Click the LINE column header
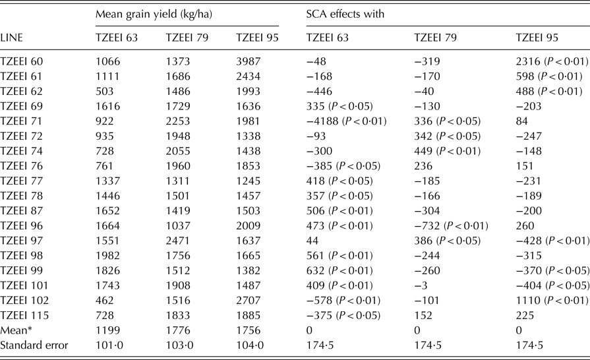click(x=12, y=38)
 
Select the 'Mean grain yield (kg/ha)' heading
click(x=154, y=15)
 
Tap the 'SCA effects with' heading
click(x=345, y=15)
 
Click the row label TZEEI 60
click(x=22, y=61)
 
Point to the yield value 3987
click(x=248, y=61)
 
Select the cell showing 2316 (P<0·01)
click(x=552, y=61)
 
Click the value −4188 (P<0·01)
click(x=346, y=121)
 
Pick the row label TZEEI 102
click(x=24, y=301)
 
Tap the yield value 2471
click(x=178, y=241)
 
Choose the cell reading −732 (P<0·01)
click(x=451, y=225)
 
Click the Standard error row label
click(x=34, y=345)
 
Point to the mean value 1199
click(x=108, y=330)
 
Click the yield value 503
click(x=105, y=92)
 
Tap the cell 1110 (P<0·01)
click(x=552, y=301)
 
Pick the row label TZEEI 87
click(x=22, y=210)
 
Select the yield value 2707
click(x=248, y=301)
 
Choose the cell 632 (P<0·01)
click(x=339, y=270)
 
